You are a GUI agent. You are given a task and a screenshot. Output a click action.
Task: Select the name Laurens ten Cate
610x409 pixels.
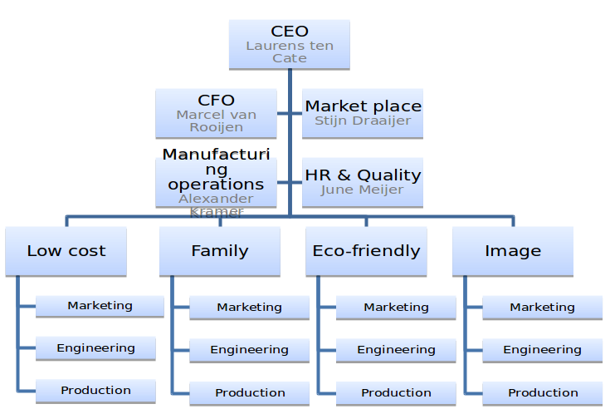pos(289,52)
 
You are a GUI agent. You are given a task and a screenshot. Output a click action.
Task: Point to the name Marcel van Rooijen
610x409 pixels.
pos(216,121)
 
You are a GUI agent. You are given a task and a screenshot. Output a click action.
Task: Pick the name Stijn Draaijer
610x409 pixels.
pos(363,121)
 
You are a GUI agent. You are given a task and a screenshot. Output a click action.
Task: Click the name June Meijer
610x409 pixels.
pos(363,190)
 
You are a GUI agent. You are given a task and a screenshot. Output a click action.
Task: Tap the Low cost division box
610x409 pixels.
pos(66,251)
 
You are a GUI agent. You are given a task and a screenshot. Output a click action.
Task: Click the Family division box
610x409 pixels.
pos(220,251)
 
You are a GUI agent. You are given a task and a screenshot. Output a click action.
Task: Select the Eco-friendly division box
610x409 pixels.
pos(366,251)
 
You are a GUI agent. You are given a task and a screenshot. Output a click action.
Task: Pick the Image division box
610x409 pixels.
pos(512,251)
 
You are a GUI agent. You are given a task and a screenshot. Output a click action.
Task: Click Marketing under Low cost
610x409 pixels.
pos(100,306)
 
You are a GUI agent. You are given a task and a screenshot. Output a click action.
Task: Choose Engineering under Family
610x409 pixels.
pos(249,350)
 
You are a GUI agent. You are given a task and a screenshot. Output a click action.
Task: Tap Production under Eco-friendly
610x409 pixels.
pos(396,392)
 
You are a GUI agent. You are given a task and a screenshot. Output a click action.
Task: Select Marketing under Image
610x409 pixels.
pos(542,308)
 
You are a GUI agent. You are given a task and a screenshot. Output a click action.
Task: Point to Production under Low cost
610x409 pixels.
pos(95,391)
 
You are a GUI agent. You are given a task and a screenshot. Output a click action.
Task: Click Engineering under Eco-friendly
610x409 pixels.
pos(396,350)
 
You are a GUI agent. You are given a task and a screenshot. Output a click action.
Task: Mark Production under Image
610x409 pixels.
pos(543,392)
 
